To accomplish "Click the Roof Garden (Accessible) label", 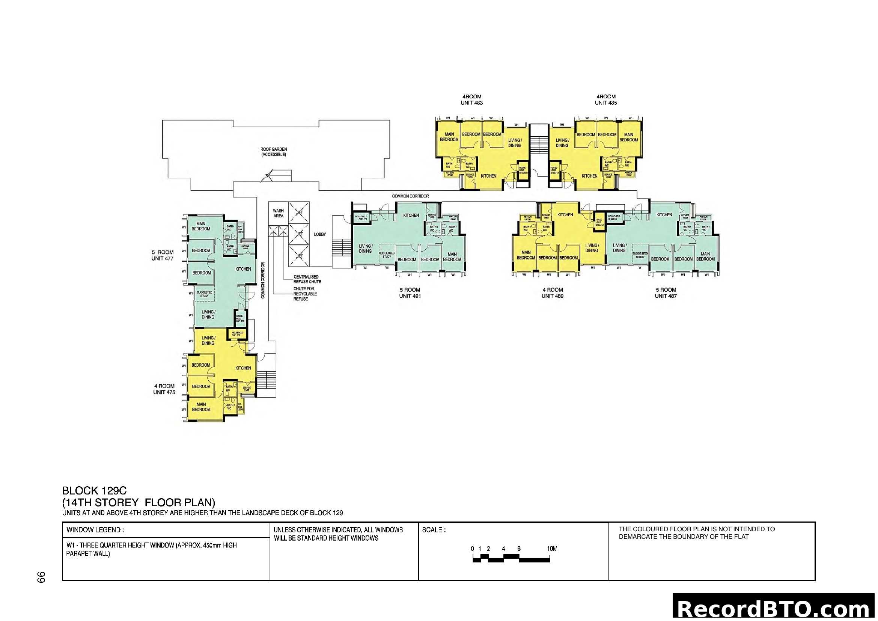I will (273, 152).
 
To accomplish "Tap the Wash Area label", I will (278, 213).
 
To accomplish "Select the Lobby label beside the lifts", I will (320, 234).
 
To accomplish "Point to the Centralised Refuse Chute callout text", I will (307, 279).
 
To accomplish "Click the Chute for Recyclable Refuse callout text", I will (304, 294).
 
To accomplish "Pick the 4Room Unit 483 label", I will (471, 99).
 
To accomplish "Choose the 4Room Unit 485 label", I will (606, 99).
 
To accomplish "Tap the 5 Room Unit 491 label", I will (410, 292).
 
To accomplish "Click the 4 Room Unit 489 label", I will (552, 292).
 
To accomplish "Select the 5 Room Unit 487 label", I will (666, 292).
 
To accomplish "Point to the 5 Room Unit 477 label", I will (163, 255).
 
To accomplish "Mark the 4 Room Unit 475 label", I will (164, 389).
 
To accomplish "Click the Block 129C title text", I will (94, 491).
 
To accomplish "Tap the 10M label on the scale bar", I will (552, 549).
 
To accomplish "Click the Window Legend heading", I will (95, 530).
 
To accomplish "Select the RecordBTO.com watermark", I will (774, 609).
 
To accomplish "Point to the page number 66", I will (41, 577).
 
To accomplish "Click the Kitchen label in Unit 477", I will (243, 269).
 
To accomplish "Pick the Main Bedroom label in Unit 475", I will (201, 407).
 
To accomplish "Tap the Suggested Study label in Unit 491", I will (387, 255).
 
